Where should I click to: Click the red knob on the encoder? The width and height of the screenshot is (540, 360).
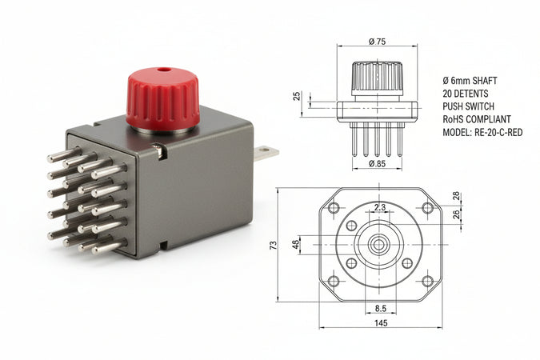click(x=162, y=101)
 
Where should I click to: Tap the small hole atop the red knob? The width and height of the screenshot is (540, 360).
click(x=164, y=70)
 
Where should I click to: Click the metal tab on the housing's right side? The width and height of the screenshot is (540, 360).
click(x=266, y=153)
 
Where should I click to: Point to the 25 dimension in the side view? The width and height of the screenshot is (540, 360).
click(x=298, y=96)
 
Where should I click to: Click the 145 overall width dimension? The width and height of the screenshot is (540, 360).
click(x=380, y=322)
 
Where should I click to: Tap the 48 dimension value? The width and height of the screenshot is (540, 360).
click(x=295, y=244)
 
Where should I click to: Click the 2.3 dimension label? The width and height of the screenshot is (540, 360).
click(x=379, y=208)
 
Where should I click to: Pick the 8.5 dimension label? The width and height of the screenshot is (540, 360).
click(x=380, y=307)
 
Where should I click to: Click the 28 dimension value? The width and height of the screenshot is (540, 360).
click(x=456, y=196)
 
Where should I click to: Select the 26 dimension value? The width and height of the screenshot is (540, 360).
click(x=456, y=214)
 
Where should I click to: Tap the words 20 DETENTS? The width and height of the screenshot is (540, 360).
click(x=466, y=94)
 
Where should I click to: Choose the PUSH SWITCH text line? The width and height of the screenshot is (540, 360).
click(x=470, y=106)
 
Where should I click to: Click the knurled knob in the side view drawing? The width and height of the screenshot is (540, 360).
click(x=377, y=78)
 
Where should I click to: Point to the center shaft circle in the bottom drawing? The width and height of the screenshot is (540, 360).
click(x=380, y=244)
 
